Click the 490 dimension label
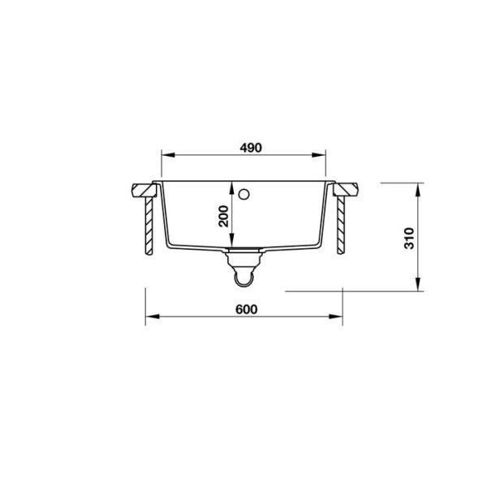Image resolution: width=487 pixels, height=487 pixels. pos(251,148)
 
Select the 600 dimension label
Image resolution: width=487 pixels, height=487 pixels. pos(246,309)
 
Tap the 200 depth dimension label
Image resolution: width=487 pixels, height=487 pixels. pos(223,216)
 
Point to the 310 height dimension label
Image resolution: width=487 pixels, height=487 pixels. pos(409,238)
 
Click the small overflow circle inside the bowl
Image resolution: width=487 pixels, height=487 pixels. pos(243,195)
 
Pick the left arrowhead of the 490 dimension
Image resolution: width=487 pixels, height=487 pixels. pos(169,155)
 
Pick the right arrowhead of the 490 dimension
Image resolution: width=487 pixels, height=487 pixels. pos(319,155)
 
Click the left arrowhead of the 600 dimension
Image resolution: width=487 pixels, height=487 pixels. pos(153,317)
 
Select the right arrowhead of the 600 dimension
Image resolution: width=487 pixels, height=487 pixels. pos(336,317)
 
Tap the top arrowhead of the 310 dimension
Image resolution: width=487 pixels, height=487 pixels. pos(418,190)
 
